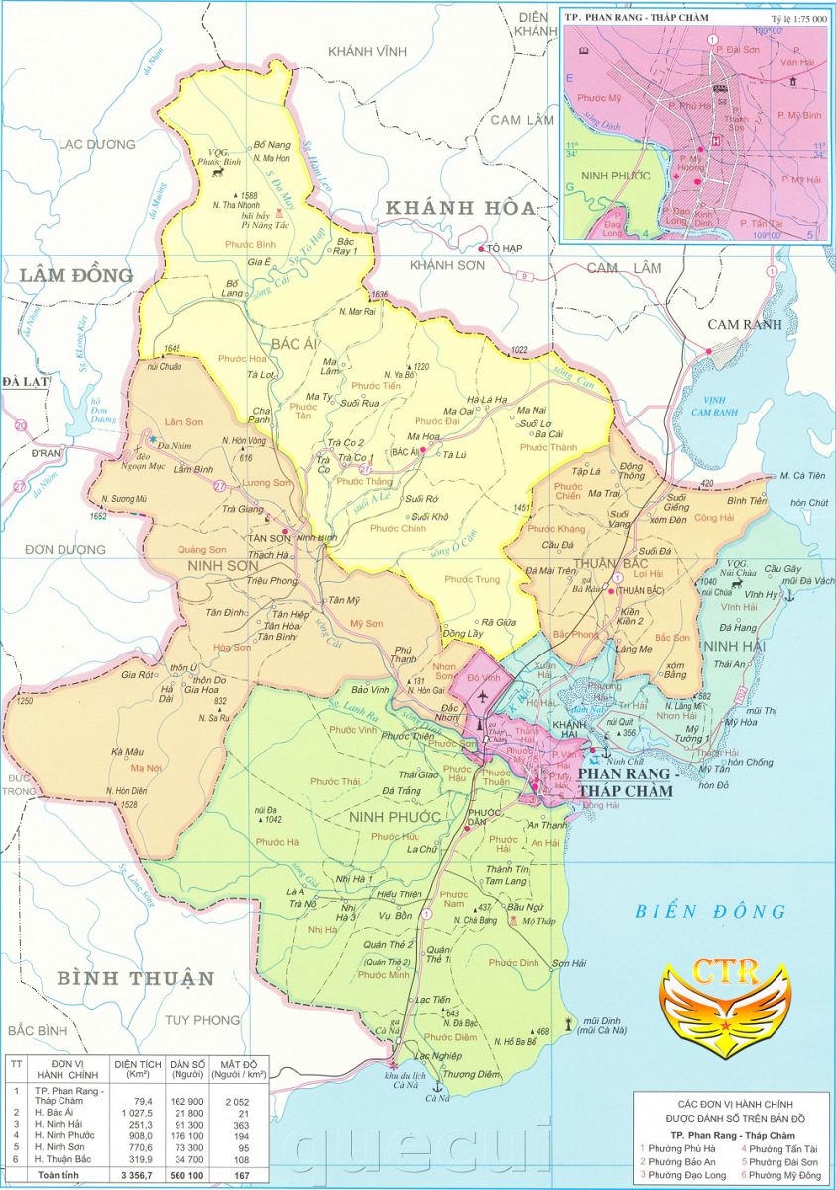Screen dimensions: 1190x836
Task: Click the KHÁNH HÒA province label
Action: pyautogui.click(x=459, y=208)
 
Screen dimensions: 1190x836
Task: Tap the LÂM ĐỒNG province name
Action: pyautogui.click(x=66, y=275)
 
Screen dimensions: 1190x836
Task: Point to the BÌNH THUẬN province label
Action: pyautogui.click(x=135, y=978)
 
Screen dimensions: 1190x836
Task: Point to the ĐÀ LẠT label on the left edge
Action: pyautogui.click(x=19, y=381)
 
